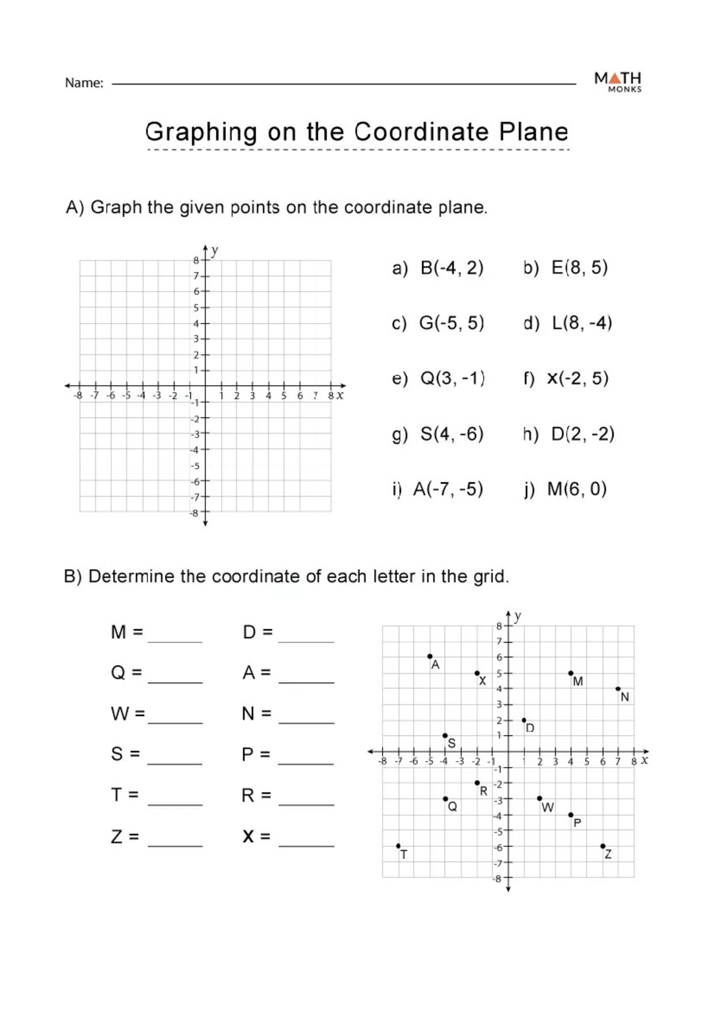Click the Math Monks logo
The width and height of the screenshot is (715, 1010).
click(618, 82)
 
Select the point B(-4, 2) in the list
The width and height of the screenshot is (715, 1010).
click(452, 268)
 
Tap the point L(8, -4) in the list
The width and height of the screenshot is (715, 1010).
click(582, 323)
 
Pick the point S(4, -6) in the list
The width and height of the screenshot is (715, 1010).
click(452, 434)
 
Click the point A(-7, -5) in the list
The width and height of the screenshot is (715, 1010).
click(447, 490)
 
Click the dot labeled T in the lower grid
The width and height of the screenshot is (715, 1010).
click(399, 846)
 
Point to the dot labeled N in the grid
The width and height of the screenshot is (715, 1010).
click(618, 689)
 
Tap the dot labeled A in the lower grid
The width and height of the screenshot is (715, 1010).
click(430, 657)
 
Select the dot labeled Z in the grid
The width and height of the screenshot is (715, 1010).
click(602, 846)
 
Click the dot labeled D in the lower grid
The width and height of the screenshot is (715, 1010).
click(524, 720)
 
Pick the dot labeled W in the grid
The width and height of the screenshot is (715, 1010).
click(539, 798)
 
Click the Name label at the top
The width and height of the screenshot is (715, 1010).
click(84, 83)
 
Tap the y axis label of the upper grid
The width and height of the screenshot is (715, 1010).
click(215, 250)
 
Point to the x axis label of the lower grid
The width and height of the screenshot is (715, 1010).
click(644, 760)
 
